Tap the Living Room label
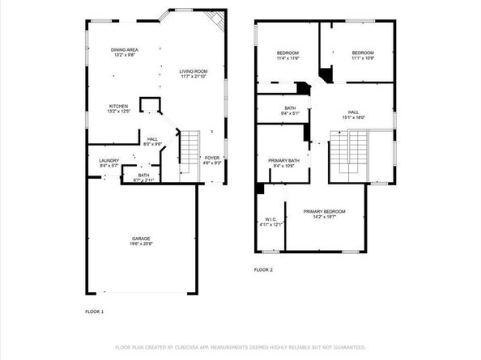point(194,71)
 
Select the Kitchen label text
point(119,106)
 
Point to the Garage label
point(142,239)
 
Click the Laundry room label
point(109,160)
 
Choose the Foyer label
point(212,158)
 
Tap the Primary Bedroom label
point(324,211)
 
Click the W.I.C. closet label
point(271,219)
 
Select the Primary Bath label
point(283,160)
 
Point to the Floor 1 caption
point(95,311)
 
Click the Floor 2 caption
point(263,269)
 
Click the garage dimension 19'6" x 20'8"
point(142,243)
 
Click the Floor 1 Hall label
point(152,139)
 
